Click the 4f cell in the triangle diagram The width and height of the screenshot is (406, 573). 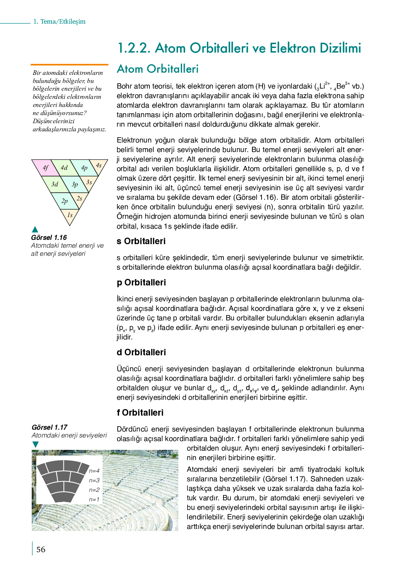45,168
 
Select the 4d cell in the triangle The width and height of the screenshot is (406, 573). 64,168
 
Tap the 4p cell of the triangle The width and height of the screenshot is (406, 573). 84,168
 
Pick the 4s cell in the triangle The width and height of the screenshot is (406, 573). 99,165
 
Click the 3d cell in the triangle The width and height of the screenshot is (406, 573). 55,184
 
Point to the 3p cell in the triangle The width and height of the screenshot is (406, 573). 75,184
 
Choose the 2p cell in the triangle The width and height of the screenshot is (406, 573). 64,201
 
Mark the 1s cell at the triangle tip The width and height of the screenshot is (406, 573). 70,215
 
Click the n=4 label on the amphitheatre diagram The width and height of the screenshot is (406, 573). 94,471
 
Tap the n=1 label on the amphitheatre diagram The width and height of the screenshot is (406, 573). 94,499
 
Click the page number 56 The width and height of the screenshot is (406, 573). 41,549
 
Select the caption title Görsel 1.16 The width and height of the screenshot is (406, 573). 49,237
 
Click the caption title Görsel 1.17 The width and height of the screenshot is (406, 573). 49,427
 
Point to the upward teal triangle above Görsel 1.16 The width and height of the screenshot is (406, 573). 35,230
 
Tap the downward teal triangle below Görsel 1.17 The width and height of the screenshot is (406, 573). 35,444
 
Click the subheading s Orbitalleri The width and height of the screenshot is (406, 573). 141,241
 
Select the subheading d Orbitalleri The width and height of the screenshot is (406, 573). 141,352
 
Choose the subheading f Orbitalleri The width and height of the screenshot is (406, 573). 140,413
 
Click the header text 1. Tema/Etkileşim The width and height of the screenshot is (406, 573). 59,22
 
